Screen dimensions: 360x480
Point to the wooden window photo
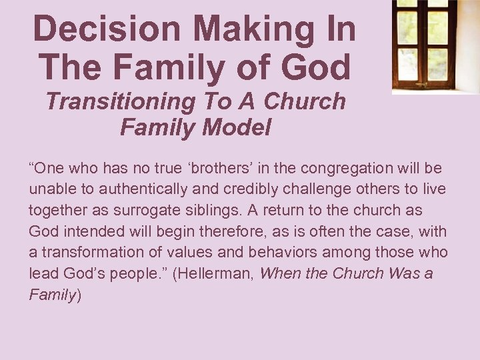pos(435,45)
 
